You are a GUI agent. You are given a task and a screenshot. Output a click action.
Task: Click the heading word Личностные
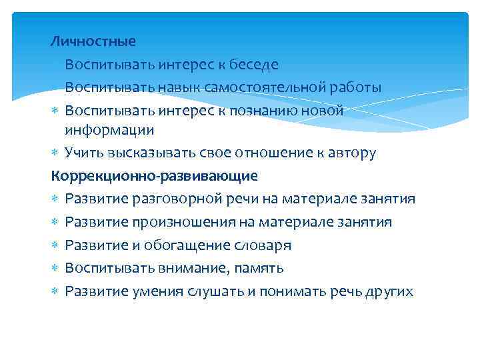click(x=93, y=41)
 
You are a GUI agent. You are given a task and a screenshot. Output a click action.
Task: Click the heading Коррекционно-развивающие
click(x=154, y=176)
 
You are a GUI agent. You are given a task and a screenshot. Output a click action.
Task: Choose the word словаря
click(x=263, y=245)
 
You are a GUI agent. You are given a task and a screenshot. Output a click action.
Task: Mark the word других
click(x=390, y=291)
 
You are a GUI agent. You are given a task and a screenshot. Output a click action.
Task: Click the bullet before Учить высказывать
click(x=55, y=153)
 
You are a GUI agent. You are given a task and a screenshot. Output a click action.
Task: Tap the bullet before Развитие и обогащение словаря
click(x=55, y=245)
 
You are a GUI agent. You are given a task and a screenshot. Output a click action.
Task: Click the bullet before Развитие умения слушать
click(x=55, y=291)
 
